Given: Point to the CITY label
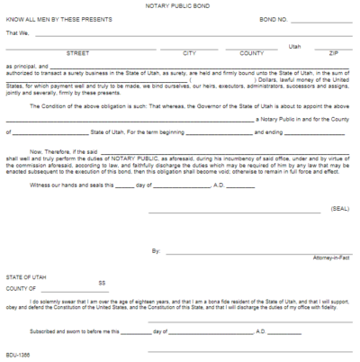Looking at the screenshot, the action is [x=188, y=53].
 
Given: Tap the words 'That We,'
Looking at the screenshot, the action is [x=17, y=32].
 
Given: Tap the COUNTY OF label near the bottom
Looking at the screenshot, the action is [x=22, y=288].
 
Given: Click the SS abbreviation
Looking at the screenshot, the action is [x=102, y=282].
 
